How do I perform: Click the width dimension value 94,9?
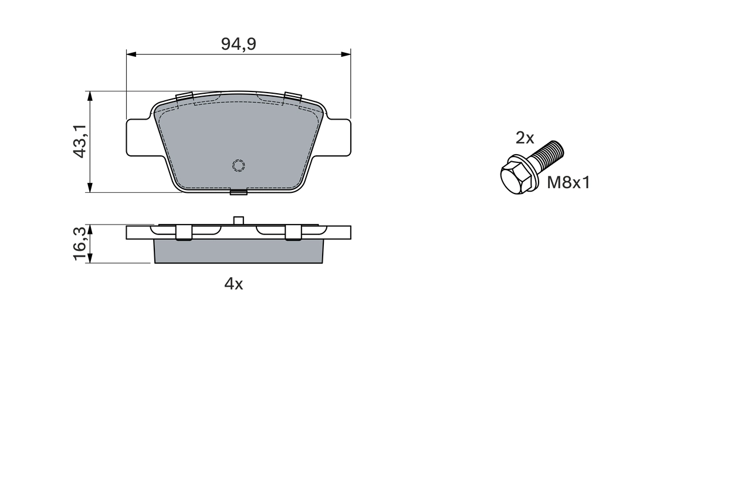point(238,44)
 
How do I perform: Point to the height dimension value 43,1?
point(80,141)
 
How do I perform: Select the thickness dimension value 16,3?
point(80,244)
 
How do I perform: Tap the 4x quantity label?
point(234,284)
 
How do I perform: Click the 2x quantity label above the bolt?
point(525,138)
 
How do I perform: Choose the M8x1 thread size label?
point(568,183)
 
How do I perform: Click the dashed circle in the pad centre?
point(239,166)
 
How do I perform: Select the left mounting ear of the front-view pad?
point(140,138)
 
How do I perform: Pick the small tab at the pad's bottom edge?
point(238,192)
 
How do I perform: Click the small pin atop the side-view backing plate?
point(238,220)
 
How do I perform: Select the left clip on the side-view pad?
point(184,233)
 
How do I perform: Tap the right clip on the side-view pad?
point(293,233)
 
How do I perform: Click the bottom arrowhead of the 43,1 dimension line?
point(89,188)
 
